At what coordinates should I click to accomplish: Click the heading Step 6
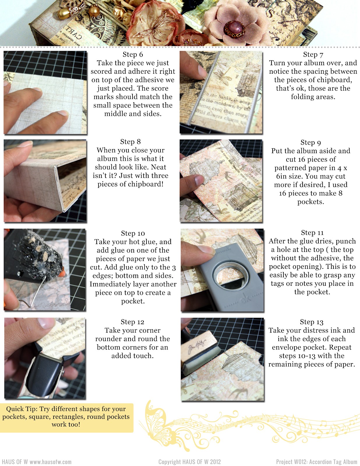(133, 54)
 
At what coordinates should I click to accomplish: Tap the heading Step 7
(313, 54)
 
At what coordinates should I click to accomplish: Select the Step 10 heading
(133, 233)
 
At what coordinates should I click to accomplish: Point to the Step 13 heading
(311, 322)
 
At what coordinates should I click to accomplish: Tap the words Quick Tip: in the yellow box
(22, 409)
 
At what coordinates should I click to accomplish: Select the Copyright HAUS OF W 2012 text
(189, 462)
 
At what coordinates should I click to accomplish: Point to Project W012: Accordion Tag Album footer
(316, 462)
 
